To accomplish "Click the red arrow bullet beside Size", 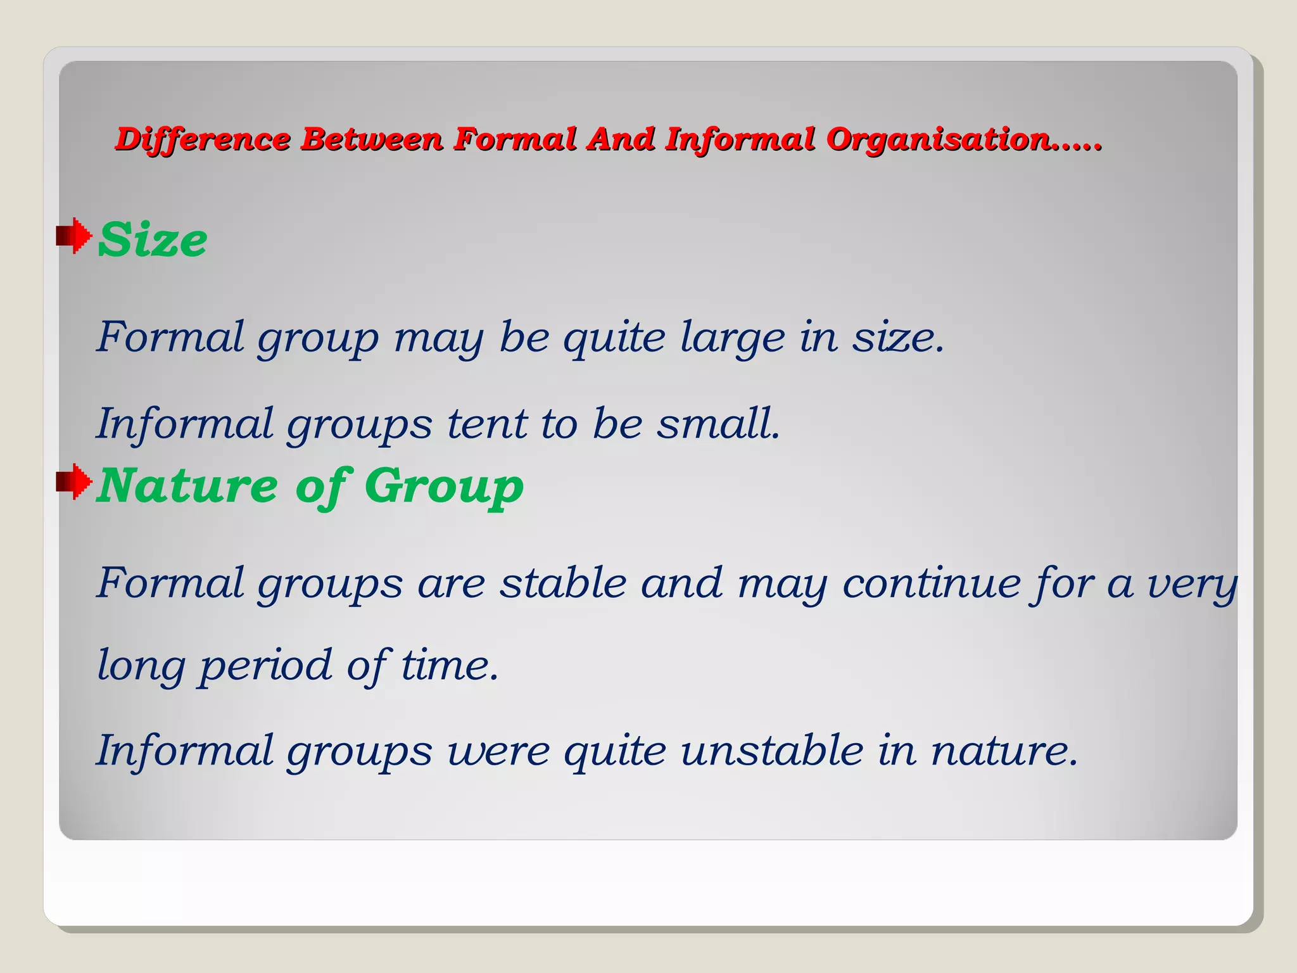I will tap(73, 236).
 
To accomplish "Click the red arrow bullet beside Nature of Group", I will tap(73, 481).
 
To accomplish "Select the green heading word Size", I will tap(153, 240).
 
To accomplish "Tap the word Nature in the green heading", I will tap(187, 486).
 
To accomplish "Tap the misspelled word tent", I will tap(486, 423).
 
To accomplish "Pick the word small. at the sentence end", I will tap(718, 423).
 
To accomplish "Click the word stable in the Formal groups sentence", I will tap(562, 583).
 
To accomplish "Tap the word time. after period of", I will tap(450, 666).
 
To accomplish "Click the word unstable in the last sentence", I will tap(772, 750).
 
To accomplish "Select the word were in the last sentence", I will tap(499, 751).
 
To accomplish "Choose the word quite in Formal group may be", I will tap(614, 338).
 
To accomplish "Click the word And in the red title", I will tap(619, 139).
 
